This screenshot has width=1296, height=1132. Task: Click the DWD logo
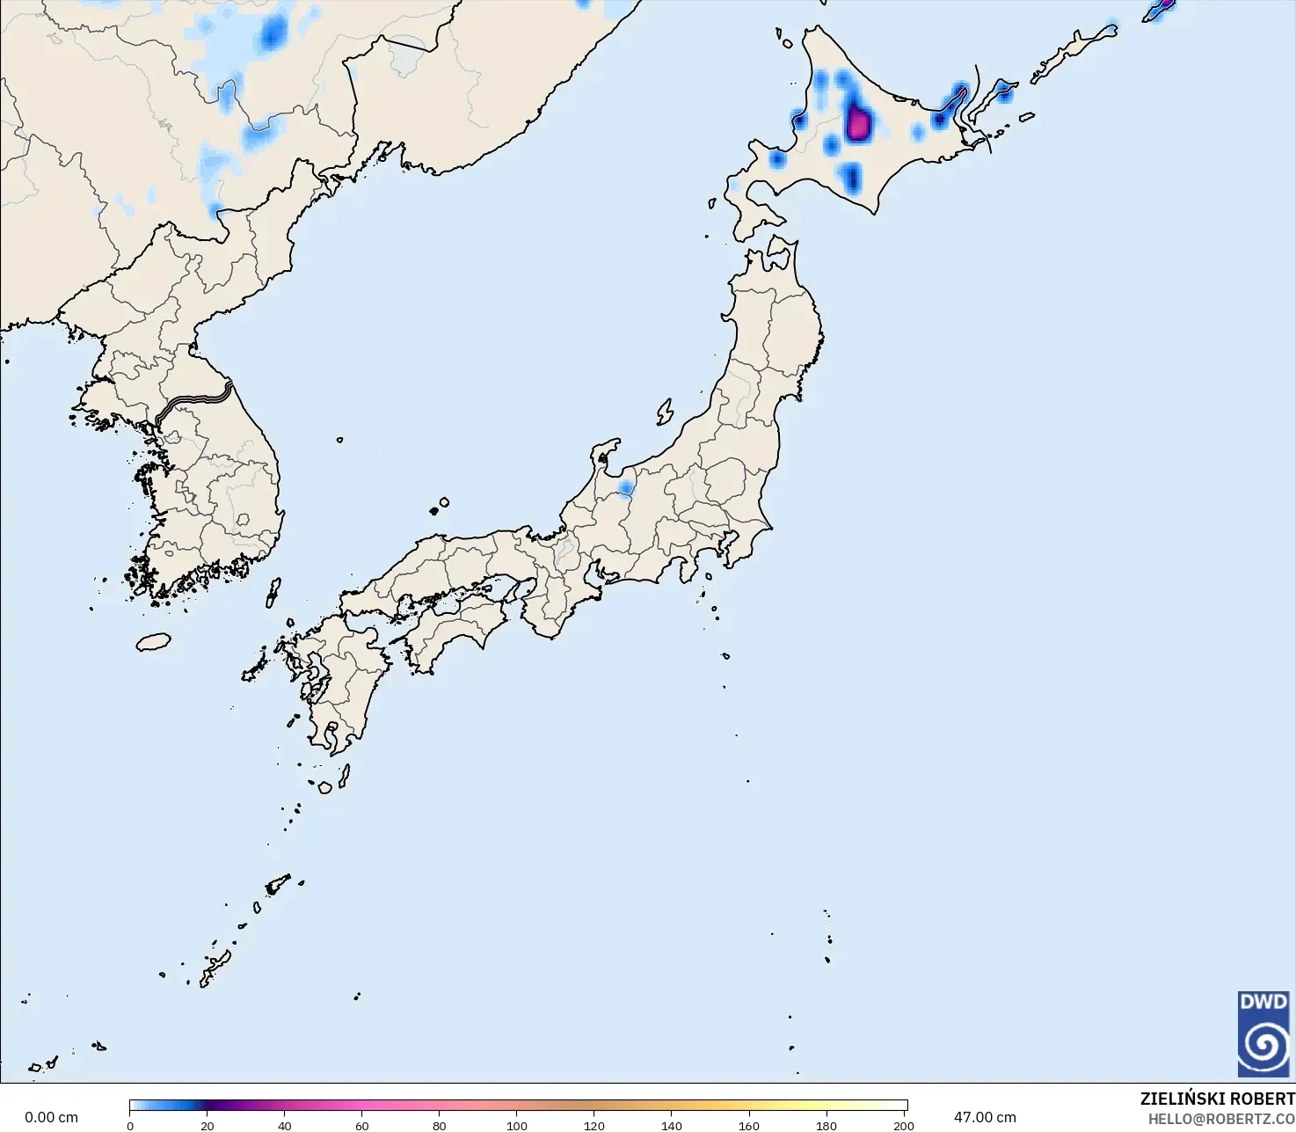(x=1263, y=1033)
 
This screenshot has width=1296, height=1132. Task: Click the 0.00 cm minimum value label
(x=51, y=1117)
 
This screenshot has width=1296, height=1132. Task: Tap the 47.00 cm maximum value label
(x=985, y=1117)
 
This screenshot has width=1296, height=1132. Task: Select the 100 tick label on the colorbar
(x=517, y=1126)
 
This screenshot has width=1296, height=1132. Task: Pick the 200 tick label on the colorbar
(x=903, y=1126)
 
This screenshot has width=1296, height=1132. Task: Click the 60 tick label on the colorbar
(x=362, y=1126)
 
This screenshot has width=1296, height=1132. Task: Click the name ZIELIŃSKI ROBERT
(x=1217, y=1099)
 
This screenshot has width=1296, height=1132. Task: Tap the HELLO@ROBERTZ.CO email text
(x=1221, y=1119)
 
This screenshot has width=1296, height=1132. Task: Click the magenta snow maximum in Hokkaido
(x=858, y=122)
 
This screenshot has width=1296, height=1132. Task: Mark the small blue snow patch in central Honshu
(x=626, y=488)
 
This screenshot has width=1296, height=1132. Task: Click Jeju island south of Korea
(x=153, y=642)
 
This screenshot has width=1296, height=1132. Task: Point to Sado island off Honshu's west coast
(x=665, y=412)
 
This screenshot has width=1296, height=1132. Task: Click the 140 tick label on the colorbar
(x=672, y=1126)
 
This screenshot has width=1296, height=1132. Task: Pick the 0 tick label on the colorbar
(x=130, y=1126)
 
